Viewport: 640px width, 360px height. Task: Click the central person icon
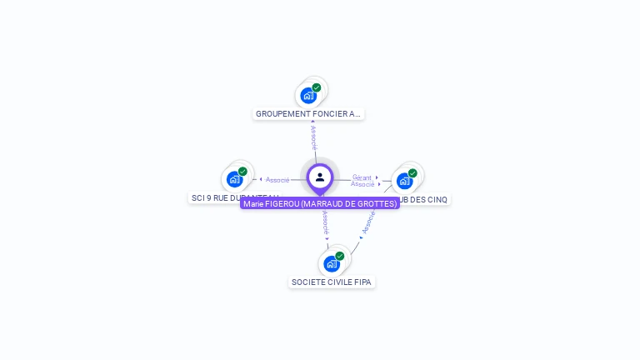(x=320, y=177)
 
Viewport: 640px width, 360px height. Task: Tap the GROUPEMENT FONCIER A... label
(x=308, y=113)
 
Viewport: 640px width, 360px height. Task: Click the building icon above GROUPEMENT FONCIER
(x=308, y=95)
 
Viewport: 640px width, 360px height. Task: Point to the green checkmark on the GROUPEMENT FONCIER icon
(x=317, y=87)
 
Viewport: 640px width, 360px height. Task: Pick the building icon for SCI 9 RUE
(x=235, y=179)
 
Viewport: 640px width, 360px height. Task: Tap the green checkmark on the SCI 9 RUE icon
(x=242, y=172)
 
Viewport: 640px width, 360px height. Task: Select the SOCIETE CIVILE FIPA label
(x=332, y=282)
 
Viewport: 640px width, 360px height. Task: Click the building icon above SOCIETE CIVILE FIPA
(x=332, y=264)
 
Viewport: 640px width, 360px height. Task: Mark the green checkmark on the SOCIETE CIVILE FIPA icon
(x=340, y=257)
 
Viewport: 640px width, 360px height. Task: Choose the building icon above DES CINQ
(x=405, y=180)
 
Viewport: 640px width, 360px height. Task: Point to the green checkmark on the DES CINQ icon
(x=412, y=173)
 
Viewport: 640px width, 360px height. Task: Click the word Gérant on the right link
(x=362, y=177)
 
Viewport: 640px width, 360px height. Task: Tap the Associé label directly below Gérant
(x=362, y=184)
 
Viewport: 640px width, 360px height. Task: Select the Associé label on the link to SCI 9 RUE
(x=277, y=179)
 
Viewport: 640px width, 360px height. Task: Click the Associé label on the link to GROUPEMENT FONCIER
(x=313, y=137)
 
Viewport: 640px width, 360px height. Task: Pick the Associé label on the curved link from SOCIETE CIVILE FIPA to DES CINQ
(x=367, y=222)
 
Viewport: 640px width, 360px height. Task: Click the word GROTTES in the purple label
(x=378, y=203)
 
